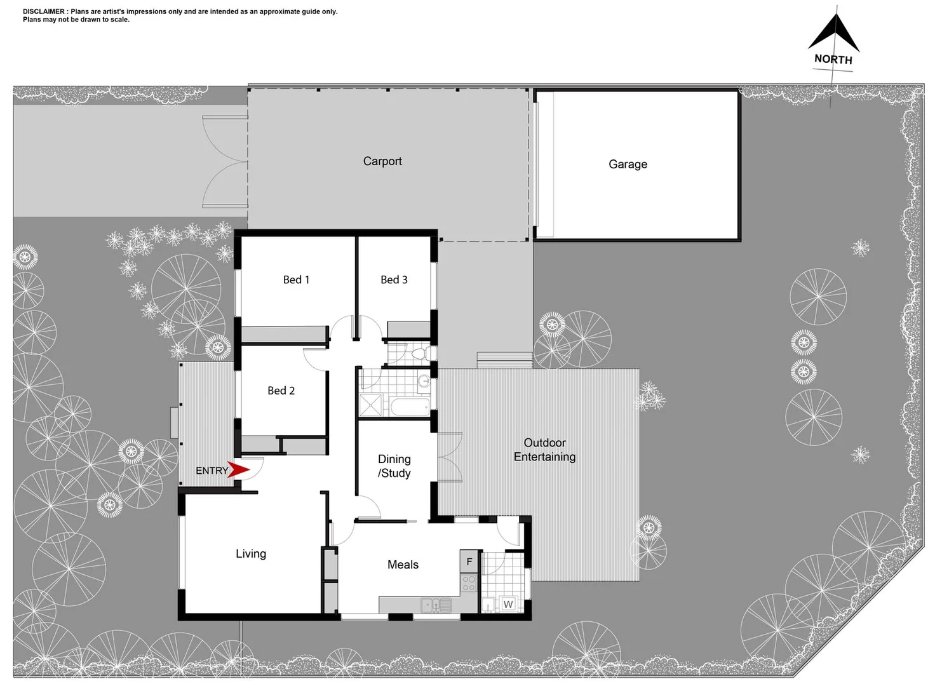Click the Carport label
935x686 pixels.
point(382,161)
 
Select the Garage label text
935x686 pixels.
point(628,164)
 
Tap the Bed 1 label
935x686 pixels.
point(296,279)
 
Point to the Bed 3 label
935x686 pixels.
point(394,279)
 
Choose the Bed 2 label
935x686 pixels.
point(281,391)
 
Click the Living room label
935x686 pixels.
point(251,554)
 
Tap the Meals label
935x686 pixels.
point(403,565)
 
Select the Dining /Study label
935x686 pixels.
point(394,466)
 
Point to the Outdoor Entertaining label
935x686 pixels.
point(544,450)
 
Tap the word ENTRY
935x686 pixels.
point(212,471)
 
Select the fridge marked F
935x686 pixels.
point(469,562)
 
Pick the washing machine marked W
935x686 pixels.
point(508,604)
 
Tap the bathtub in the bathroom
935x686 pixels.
point(409,407)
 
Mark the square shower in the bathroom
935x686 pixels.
point(371,405)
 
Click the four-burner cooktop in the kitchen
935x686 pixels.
point(469,583)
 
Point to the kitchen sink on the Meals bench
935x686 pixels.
point(435,605)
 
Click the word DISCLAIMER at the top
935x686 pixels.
point(44,11)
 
